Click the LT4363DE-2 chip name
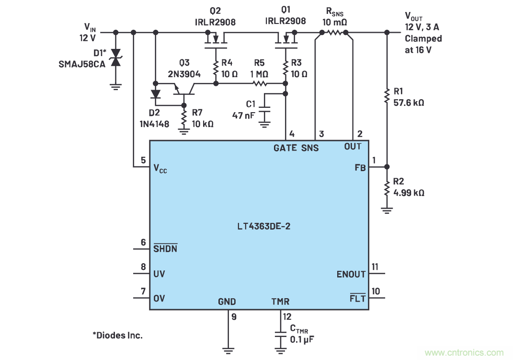tap(259, 226)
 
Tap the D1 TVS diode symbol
tap(115, 60)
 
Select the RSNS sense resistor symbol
tap(334, 33)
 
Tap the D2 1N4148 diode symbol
tap(155, 93)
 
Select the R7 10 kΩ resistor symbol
tap(183, 116)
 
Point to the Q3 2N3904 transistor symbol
tap(183, 89)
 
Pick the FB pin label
tap(360, 168)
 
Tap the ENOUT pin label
tap(351, 274)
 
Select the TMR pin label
tap(280, 302)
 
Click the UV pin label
tap(159, 274)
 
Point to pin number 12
tap(286, 317)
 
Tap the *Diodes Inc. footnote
tap(117, 335)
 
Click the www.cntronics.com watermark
tap(464, 353)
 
